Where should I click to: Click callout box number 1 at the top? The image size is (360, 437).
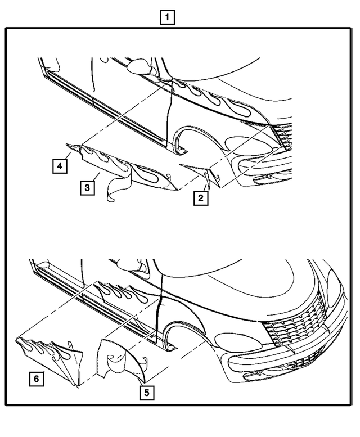(x=167, y=17)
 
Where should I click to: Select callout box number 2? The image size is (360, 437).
(x=201, y=198)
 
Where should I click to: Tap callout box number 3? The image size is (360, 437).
(x=87, y=187)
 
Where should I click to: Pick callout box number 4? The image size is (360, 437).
(x=60, y=166)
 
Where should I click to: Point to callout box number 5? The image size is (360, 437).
(x=147, y=393)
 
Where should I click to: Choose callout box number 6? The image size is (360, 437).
(x=37, y=379)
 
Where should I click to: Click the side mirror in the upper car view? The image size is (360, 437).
(x=141, y=67)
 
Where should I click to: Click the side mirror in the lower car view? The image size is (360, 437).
(x=130, y=264)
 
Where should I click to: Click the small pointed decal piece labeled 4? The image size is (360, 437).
(x=74, y=147)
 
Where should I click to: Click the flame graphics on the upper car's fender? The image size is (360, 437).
(x=217, y=100)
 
